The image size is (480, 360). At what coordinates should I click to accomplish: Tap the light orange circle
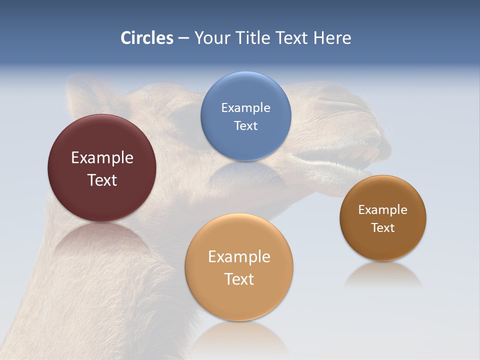(239, 300)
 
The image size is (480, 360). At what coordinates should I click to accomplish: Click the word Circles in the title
(147, 37)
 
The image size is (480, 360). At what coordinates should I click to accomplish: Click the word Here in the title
(332, 37)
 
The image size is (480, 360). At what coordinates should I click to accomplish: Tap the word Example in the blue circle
(245, 107)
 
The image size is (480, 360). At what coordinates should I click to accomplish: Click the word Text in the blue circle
(245, 125)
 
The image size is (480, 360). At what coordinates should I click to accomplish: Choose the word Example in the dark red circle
(102, 157)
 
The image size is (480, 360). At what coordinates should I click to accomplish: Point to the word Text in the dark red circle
(102, 180)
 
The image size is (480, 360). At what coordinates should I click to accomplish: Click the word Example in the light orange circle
(239, 256)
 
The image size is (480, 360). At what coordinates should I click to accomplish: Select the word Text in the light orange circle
(239, 279)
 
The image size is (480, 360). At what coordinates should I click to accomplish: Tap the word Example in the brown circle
(383, 209)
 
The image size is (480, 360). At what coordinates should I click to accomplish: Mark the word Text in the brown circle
(383, 227)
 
